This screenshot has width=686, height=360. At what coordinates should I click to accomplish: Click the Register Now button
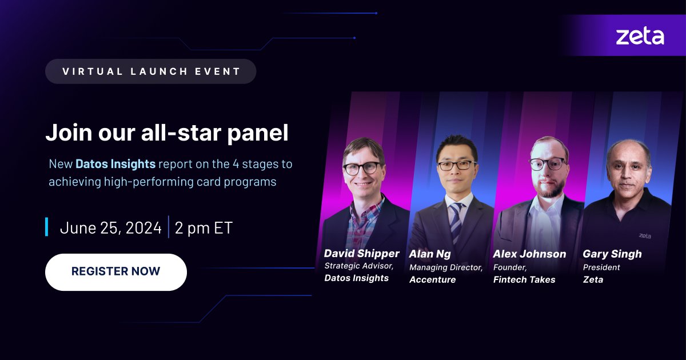click(x=115, y=272)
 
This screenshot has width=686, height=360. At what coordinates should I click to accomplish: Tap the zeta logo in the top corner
click(x=640, y=37)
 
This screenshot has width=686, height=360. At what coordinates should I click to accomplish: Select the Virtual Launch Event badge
click(x=151, y=71)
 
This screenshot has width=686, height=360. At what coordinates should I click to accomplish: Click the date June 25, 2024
click(x=111, y=227)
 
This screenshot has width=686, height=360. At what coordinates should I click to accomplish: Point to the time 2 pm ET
click(x=204, y=227)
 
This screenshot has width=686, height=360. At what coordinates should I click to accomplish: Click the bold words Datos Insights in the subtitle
click(x=115, y=164)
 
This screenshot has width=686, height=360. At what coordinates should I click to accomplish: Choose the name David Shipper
click(x=361, y=253)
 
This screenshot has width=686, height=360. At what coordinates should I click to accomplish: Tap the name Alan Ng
click(x=429, y=254)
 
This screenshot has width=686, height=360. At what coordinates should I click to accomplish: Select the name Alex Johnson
click(x=529, y=254)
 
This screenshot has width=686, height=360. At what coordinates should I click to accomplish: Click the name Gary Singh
click(x=612, y=254)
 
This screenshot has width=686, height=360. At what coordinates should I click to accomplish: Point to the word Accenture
click(x=432, y=279)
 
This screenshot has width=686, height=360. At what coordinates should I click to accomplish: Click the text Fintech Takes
click(x=524, y=279)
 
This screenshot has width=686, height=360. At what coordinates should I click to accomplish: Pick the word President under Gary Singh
click(x=601, y=267)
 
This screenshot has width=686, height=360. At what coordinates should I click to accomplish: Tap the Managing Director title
click(x=446, y=267)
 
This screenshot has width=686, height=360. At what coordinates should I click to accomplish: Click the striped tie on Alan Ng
click(x=456, y=220)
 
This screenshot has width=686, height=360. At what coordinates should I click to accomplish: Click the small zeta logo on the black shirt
click(x=645, y=235)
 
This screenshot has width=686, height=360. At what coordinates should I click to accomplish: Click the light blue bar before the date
click(x=46, y=227)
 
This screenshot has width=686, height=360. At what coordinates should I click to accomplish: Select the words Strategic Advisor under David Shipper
click(x=359, y=266)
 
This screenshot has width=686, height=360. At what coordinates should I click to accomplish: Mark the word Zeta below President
click(x=593, y=279)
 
